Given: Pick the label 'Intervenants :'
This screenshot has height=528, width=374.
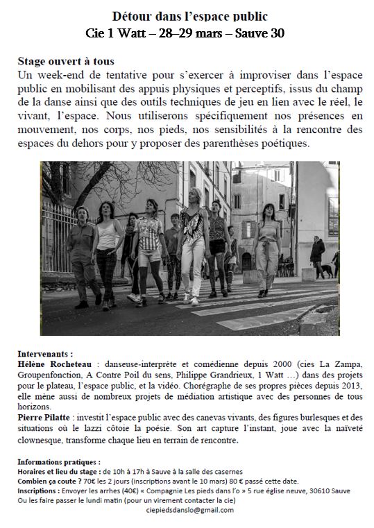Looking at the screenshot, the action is click(x=45, y=353).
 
